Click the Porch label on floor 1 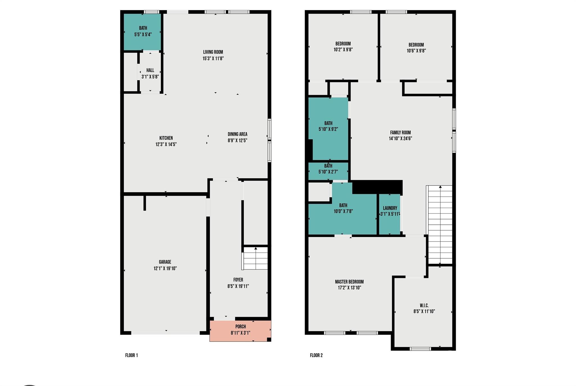(240, 326)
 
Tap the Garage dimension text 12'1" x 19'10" (165, 268)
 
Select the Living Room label (213, 52)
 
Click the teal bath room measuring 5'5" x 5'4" (143, 31)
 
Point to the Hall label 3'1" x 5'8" (150, 73)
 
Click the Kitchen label (166, 138)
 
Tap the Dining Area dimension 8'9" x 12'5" (237, 141)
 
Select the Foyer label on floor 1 (238, 280)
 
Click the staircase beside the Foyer (255, 258)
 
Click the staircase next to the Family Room (440, 225)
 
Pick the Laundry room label (390, 208)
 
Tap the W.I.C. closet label (424, 305)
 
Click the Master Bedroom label (349, 282)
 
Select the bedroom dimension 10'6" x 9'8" (416, 51)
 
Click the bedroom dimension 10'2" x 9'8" (343, 50)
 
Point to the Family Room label (400, 133)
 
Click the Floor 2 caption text (316, 355)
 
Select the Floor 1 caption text (131, 355)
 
